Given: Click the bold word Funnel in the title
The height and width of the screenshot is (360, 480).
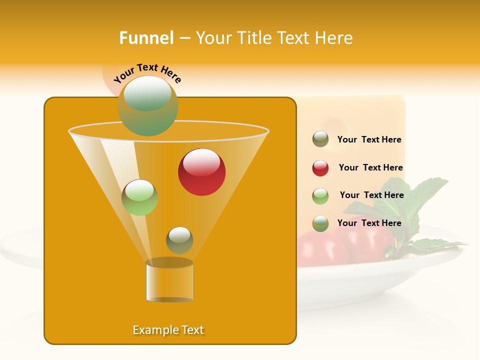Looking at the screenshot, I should pyautogui.click(x=146, y=38).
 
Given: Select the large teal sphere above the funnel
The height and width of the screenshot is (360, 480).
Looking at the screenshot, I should pyautogui.click(x=148, y=105).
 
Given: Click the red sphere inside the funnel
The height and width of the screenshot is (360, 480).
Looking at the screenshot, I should pyautogui.click(x=201, y=172).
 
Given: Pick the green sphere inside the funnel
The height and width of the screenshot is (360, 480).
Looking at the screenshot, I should pyautogui.click(x=139, y=197).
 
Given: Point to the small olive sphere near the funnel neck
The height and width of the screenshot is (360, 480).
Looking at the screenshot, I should pyautogui.click(x=179, y=240).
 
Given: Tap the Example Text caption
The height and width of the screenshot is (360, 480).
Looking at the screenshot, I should pyautogui.click(x=168, y=330).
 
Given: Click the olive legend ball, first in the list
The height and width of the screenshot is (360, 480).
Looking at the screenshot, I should pyautogui.click(x=320, y=139).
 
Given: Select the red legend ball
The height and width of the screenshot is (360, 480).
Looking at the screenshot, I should pyautogui.click(x=320, y=168).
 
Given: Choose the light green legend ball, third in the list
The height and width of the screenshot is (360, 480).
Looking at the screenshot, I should pyautogui.click(x=320, y=196).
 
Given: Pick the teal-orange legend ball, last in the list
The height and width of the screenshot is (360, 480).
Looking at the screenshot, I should pyautogui.click(x=320, y=223).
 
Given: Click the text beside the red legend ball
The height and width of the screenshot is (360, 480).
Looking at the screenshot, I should pyautogui.click(x=370, y=168).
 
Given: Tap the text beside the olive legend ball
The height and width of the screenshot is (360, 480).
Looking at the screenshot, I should pyautogui.click(x=369, y=140).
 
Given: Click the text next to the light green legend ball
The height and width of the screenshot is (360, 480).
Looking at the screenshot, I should pyautogui.click(x=371, y=195).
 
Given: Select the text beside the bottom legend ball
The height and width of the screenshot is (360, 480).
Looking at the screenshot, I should pyautogui.click(x=369, y=223).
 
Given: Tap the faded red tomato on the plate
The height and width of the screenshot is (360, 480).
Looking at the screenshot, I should pyautogui.click(x=320, y=250).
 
